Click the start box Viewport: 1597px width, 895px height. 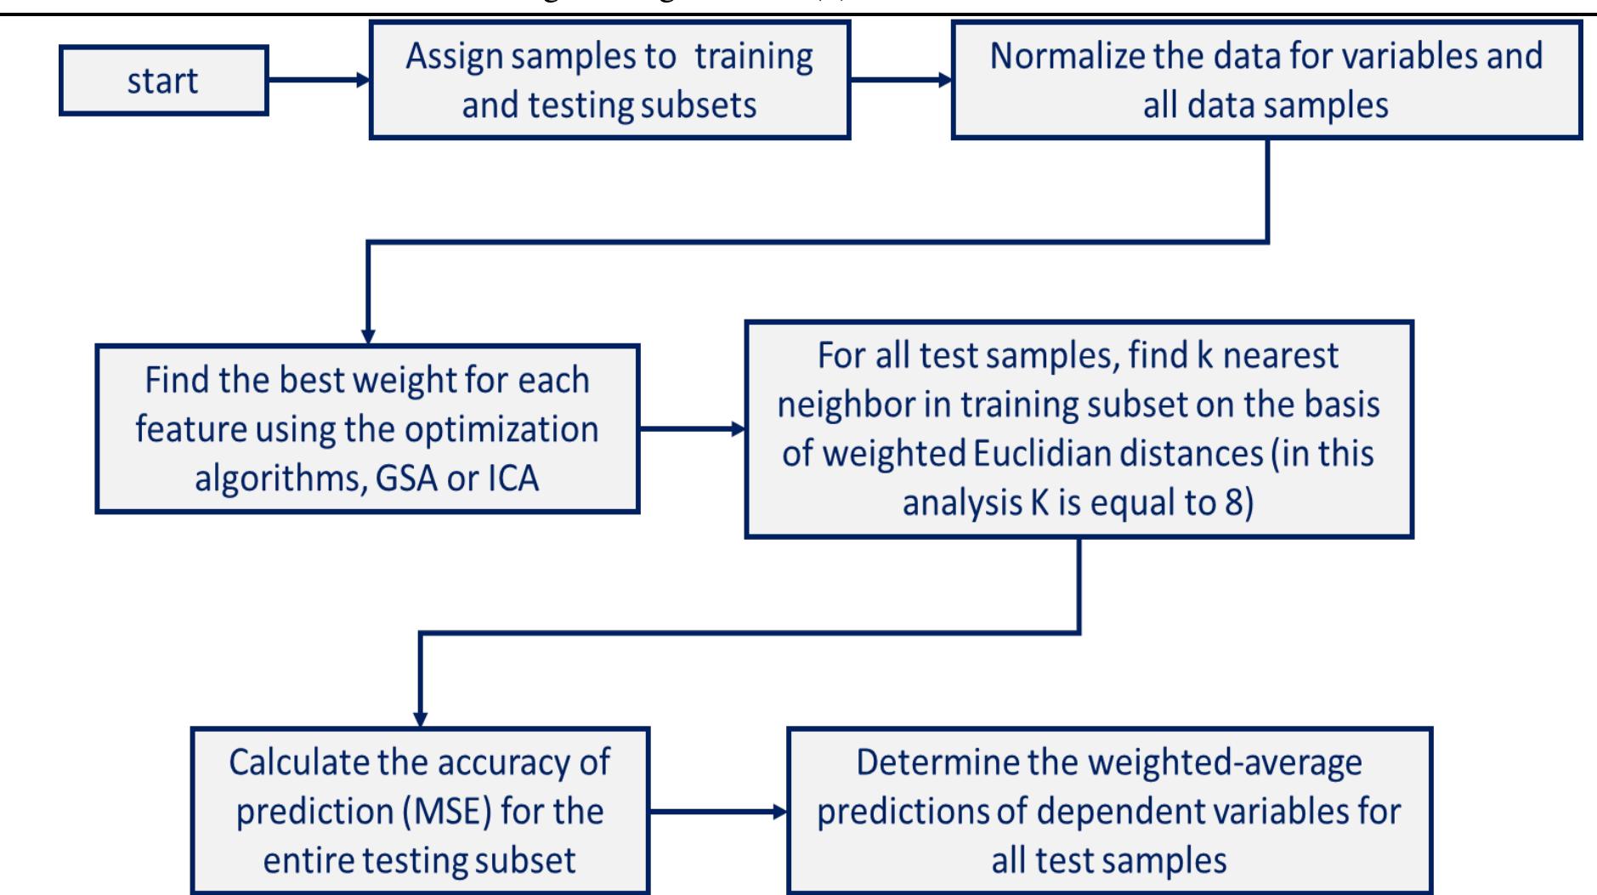[x=163, y=81]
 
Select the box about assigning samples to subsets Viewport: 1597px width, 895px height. [x=609, y=81]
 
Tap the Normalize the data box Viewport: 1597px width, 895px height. [x=1266, y=81]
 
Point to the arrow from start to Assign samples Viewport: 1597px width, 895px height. [x=318, y=81]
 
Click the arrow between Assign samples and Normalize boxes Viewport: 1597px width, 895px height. [x=900, y=81]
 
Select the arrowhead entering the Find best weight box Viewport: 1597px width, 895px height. [x=368, y=333]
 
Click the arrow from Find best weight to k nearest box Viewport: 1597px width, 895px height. [x=692, y=429]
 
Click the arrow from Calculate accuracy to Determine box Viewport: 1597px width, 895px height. [x=718, y=812]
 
